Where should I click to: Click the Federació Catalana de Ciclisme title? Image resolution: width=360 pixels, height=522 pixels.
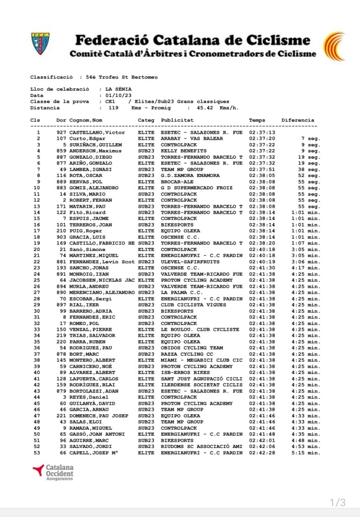coord(192,40)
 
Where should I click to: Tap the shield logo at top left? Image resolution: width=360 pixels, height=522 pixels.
coord(40,45)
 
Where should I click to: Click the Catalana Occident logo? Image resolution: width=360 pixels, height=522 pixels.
coord(53,472)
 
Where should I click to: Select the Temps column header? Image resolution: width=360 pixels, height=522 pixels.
coord(257,120)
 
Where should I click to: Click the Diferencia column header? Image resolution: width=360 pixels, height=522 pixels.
coord(298,120)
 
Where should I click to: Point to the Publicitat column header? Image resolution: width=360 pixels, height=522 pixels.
coord(177,120)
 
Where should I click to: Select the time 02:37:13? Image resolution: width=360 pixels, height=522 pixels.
coord(262,132)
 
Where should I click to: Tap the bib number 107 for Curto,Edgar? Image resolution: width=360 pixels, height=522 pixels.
coord(61,138)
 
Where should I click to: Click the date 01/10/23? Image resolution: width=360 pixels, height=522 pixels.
coord(118,95)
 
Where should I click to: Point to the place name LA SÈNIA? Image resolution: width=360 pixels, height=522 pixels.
coord(120,89)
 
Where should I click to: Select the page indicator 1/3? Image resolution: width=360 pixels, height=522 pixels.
coord(338,503)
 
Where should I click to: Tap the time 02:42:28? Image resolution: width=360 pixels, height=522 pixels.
coord(262,453)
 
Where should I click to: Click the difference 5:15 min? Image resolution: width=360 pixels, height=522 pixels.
coord(306,453)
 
